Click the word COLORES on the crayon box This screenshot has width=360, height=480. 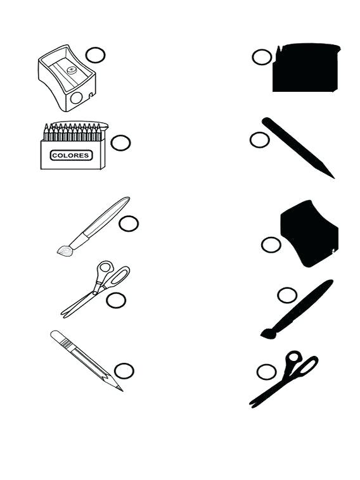tap(71, 155)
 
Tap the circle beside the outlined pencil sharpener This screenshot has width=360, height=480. tap(95, 55)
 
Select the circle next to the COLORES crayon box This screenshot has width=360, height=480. tap(120, 142)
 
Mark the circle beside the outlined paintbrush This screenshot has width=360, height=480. tap(129, 223)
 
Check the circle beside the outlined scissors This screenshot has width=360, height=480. tap(116, 300)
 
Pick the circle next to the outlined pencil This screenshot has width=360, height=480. tap(124, 370)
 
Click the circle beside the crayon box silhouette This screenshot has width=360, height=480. tap(262, 57)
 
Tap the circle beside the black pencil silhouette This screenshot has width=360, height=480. tap(259, 140)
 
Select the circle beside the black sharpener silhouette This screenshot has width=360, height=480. tap(271, 244)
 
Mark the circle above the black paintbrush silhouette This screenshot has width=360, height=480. tap(287, 294)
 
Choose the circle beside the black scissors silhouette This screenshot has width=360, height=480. tap(266, 372)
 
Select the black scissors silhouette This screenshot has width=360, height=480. tap(285, 380)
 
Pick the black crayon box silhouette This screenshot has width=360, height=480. tap(306, 68)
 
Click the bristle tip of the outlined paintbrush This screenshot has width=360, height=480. tap(64, 251)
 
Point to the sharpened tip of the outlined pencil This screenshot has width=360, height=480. tap(119, 388)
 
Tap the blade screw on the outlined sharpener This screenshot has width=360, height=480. tap(72, 70)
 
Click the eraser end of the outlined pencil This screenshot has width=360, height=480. tap(56, 334)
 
